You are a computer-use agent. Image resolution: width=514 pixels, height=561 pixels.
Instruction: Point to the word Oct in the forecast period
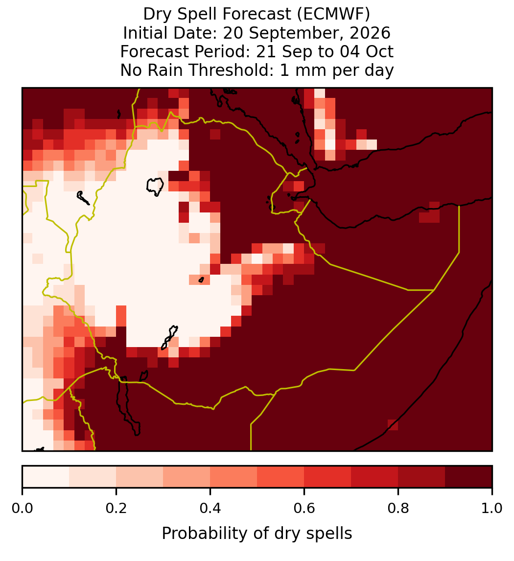coord(379,51)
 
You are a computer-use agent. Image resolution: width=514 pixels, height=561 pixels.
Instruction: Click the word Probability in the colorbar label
coord(205,534)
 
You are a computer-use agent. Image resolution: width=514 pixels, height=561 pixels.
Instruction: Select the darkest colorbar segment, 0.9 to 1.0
coord(468,477)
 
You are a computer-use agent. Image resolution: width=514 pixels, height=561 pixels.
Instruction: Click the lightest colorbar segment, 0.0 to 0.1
coord(46,477)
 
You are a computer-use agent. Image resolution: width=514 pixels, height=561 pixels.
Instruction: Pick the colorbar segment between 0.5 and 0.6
coord(281,477)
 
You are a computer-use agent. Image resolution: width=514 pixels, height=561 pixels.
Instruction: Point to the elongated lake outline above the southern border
coord(169,337)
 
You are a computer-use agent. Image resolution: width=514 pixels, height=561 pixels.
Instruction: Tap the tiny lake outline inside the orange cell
coord(201,280)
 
